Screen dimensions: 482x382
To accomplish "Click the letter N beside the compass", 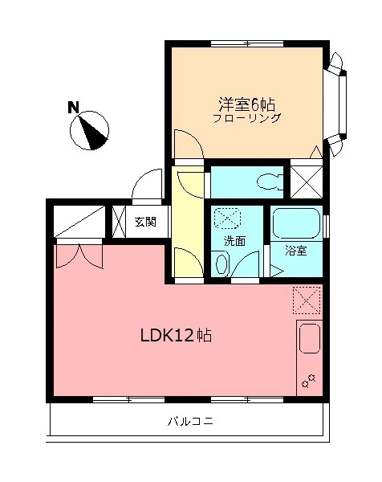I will [x=73, y=107].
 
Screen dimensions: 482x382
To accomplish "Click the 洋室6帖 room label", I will [x=247, y=104].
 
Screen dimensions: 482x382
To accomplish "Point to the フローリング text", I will [x=247, y=119].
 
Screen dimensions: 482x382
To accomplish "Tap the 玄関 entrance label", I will [x=145, y=222].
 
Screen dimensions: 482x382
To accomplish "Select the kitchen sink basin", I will [x=309, y=341].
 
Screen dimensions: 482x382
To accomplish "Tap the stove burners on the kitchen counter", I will [x=310, y=381].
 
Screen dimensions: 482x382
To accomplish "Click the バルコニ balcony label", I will [x=190, y=420].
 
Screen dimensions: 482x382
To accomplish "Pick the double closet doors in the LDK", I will [x=79, y=255].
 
